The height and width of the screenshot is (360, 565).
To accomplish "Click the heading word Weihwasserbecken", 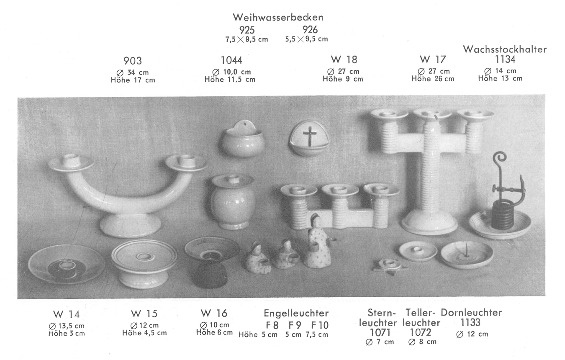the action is tap(278, 17).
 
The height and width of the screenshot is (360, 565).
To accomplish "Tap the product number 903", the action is tap(133, 61).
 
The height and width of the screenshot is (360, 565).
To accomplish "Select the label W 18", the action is tap(344, 60).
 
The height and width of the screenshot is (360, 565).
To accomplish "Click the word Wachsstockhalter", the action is tap(505, 49).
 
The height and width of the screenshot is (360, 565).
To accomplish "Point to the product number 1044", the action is tap(231, 60).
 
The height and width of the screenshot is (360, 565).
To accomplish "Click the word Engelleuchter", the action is tap(296, 314).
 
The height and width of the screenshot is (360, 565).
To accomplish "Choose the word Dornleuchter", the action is tap(471, 313).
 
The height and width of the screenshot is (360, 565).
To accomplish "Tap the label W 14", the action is tap(67, 314).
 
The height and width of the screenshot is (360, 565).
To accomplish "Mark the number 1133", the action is tap(470, 322).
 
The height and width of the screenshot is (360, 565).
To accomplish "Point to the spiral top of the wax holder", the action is tap(499, 158).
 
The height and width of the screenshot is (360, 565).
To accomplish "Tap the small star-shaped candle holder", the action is tap(390, 265).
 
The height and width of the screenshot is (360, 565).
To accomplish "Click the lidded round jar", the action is tap(232, 201).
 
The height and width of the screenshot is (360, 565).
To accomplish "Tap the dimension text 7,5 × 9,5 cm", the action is tap(247, 39).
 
